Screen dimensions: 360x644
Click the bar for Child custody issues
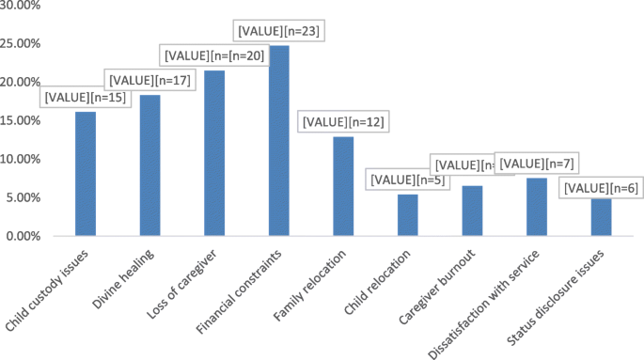tap(86, 174)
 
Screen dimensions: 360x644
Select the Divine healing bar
tap(150, 165)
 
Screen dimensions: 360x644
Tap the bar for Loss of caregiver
tap(214, 153)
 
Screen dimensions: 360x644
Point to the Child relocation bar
tap(407, 215)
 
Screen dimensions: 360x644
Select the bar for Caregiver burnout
tap(472, 211)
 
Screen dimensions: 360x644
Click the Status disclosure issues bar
tap(601, 217)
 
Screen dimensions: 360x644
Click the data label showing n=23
tap(279, 31)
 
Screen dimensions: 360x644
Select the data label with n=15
tap(86, 97)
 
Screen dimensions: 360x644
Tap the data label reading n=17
tap(150, 80)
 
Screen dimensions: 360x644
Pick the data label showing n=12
tap(343, 122)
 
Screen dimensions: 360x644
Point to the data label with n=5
tap(407, 180)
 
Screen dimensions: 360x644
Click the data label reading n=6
tap(601, 188)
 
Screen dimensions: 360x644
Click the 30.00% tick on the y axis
tap(20, 6)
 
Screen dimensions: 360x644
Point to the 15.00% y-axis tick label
tap(20, 121)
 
